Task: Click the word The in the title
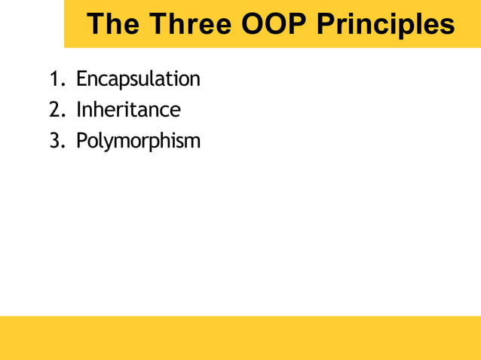113,25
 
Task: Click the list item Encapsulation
138,79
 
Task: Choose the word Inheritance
128,110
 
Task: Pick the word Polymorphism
138,141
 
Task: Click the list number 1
54,79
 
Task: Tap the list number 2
54,110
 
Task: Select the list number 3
54,141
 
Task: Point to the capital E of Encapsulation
81,79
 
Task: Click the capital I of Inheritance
78,110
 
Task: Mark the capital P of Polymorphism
81,141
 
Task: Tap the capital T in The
96,25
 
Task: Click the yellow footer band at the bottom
240,337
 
